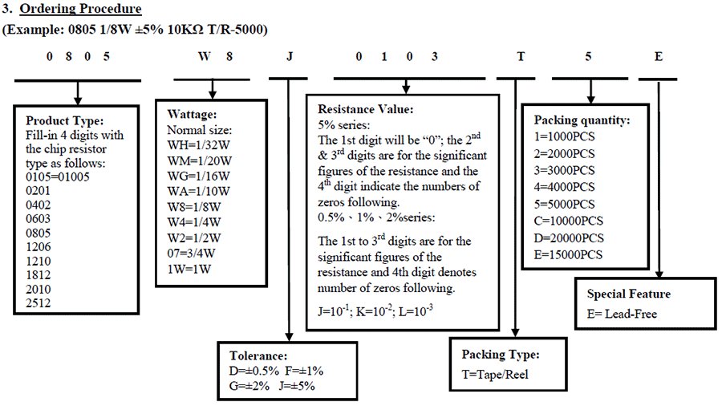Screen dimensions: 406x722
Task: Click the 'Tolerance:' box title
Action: coord(258,355)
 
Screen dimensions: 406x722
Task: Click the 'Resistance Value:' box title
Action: coord(365,109)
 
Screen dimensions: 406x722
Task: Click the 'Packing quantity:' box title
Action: coord(582,120)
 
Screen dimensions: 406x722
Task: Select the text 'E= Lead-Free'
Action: coord(622,314)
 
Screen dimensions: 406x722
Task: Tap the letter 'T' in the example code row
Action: coord(521,58)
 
